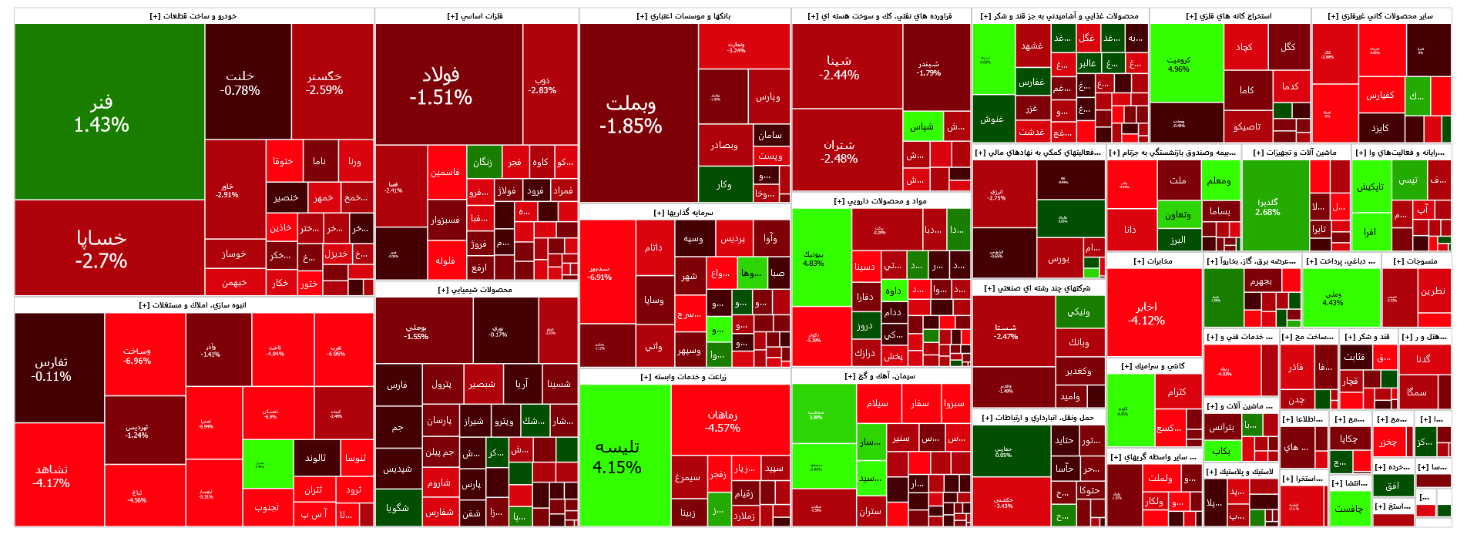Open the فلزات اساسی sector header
(475, 15)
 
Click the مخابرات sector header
(1153, 261)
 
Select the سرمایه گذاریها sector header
(684, 212)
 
